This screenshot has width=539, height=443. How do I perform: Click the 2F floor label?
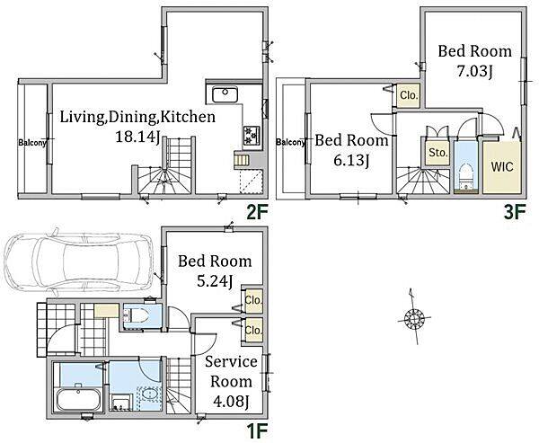(x=257, y=213)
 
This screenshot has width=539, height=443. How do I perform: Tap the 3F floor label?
(x=515, y=213)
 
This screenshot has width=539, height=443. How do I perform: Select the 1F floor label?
(x=258, y=430)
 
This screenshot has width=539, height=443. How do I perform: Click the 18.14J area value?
(x=137, y=137)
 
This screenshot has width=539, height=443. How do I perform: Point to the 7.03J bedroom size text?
(x=474, y=72)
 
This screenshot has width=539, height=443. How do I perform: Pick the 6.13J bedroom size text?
(x=351, y=161)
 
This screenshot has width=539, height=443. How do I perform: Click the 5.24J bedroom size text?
(x=215, y=281)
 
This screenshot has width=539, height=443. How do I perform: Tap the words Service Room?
(x=231, y=371)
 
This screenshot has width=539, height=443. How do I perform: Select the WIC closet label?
(x=502, y=167)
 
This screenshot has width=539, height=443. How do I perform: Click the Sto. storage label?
(x=438, y=153)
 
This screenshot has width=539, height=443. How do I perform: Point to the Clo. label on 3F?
(x=409, y=95)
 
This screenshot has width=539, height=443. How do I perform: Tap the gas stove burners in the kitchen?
(x=252, y=135)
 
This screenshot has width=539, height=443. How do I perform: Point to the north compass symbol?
(x=414, y=318)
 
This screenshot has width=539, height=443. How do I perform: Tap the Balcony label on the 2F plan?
(x=32, y=142)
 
